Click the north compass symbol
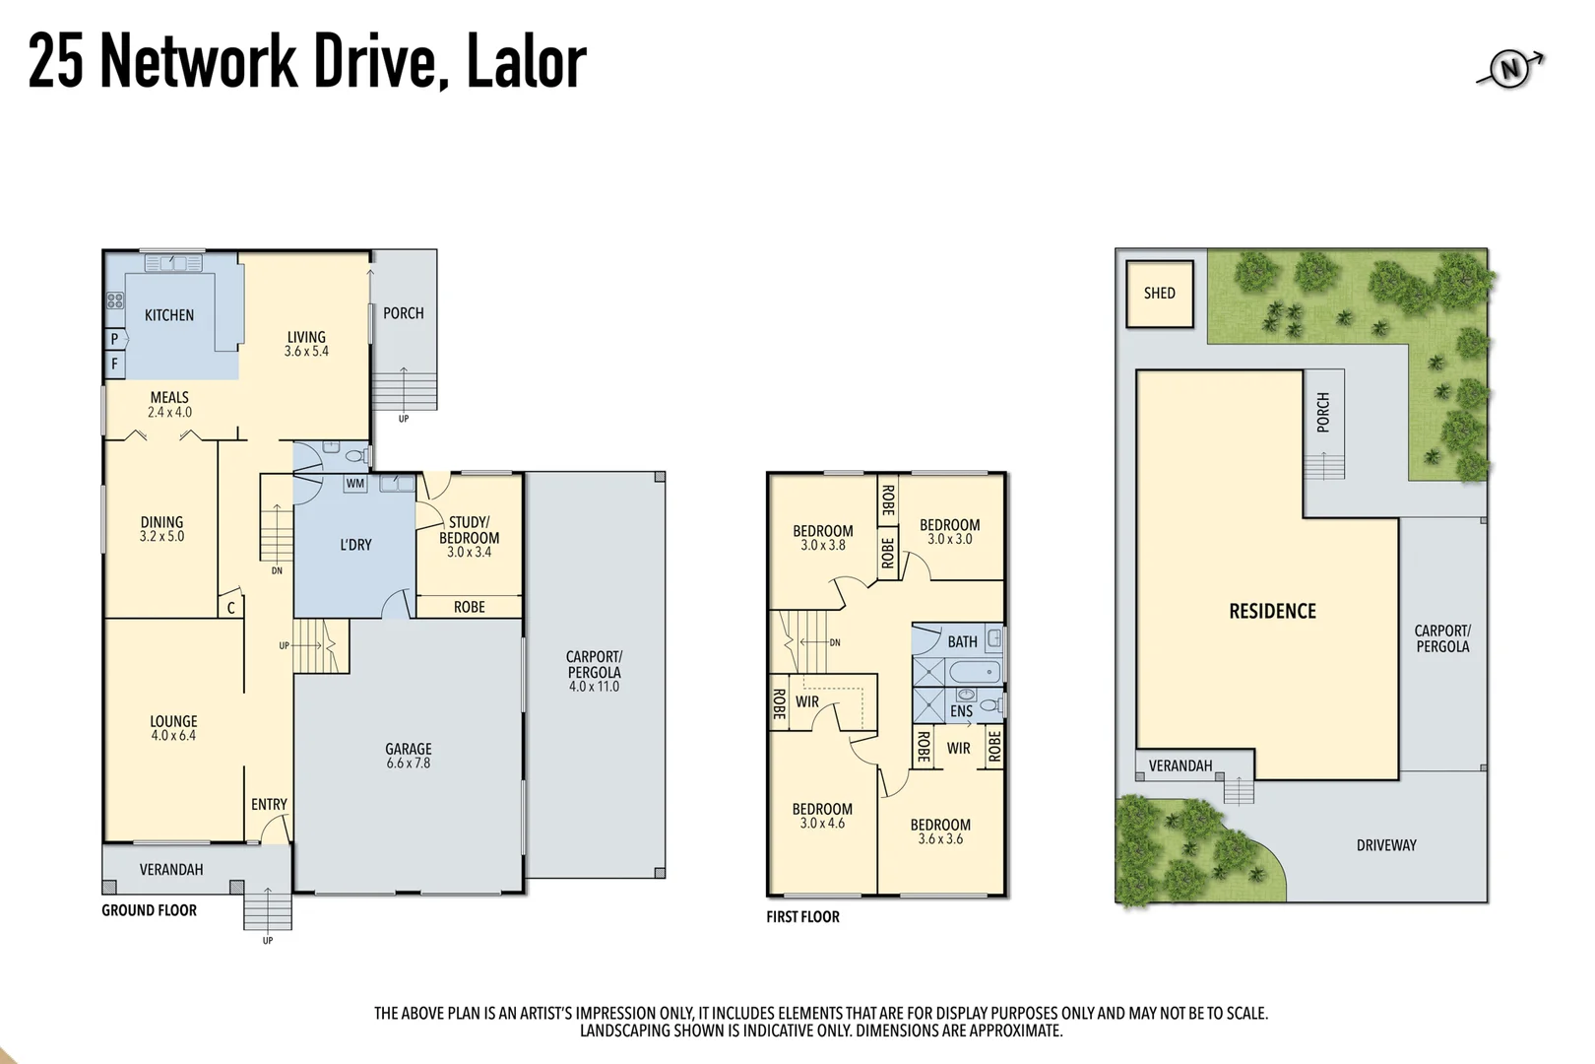click(1509, 69)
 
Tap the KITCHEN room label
click(169, 315)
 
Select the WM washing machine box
click(355, 484)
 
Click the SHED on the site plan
click(1160, 294)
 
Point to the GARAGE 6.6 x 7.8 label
click(409, 756)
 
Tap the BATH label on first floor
click(962, 641)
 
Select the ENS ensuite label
click(961, 711)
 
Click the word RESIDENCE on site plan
click(1272, 611)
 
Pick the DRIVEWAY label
click(1386, 845)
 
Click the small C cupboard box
click(231, 608)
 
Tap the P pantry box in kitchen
click(115, 339)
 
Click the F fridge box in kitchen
click(115, 364)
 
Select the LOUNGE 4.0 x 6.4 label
click(173, 728)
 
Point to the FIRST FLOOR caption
click(802, 917)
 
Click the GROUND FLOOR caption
click(149, 910)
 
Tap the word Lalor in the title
click(526, 61)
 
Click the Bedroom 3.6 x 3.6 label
click(940, 831)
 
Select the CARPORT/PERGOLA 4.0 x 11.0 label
click(594, 671)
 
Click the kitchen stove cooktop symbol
click(115, 300)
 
